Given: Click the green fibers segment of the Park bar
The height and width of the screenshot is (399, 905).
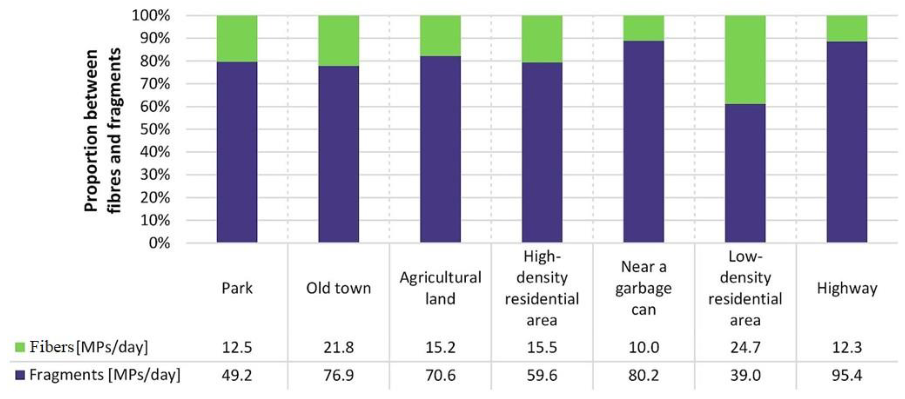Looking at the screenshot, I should coord(237,39).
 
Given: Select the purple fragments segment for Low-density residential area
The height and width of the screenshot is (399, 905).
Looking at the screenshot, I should coord(745,173).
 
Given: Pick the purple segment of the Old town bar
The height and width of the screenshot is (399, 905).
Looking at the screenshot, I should coord(339,154).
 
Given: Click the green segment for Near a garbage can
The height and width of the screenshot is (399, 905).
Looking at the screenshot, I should coord(644,28).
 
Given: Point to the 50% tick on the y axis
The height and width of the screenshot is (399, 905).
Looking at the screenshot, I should coord(155,129).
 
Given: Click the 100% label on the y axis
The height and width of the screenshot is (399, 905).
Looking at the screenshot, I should coord(151,16).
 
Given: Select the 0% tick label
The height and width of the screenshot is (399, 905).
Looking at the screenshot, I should coord(160,243).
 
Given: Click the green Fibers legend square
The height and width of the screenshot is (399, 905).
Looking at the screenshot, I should coord(20,347).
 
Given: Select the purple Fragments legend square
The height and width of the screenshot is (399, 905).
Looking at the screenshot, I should coord(20,375).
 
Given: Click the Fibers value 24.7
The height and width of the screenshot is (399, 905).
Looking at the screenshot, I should coord(745,348).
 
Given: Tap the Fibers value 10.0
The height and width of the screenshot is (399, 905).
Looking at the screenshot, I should coord(644,348).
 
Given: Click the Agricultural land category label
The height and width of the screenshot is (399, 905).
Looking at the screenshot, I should coord(440,288).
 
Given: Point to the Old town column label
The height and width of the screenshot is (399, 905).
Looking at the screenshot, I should coord(339,288).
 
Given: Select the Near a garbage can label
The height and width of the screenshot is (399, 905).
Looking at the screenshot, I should coord(644,288).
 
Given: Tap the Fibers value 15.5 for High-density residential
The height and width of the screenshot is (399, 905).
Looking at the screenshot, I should coord(542,348).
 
